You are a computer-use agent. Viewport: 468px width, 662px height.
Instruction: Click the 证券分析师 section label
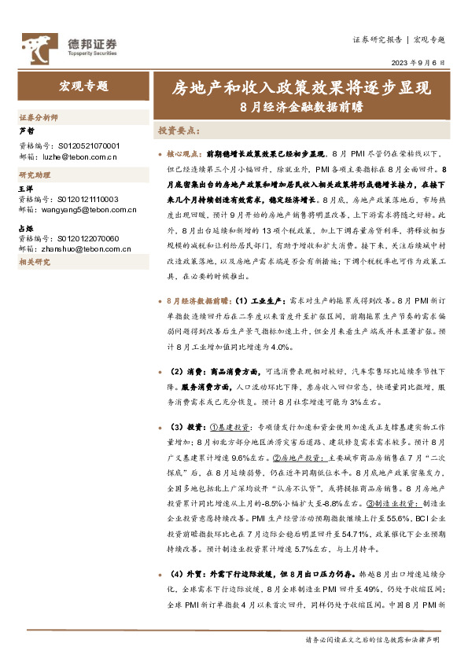(x=38, y=116)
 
